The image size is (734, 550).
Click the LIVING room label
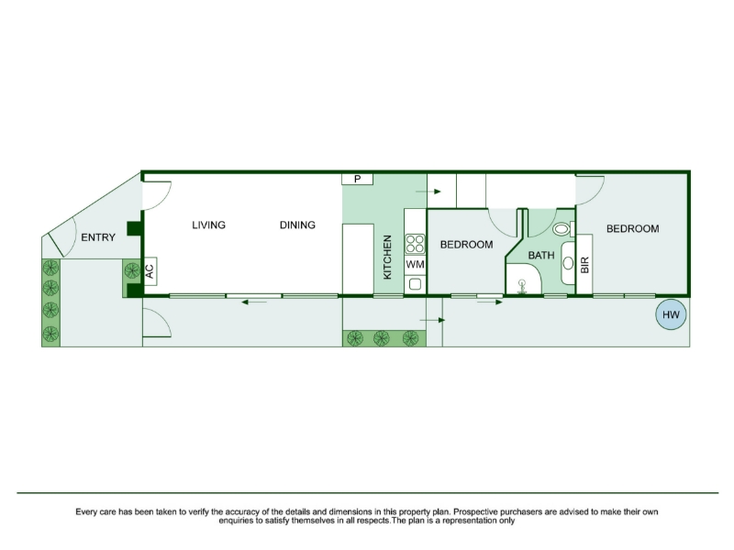point(209,225)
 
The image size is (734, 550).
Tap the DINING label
point(297,225)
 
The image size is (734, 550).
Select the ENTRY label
point(98,237)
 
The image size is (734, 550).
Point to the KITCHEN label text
point(387,258)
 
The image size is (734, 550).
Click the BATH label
point(541,256)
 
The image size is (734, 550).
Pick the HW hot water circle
point(671,314)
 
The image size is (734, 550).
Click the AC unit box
point(150,271)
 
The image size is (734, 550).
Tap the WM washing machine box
point(416,265)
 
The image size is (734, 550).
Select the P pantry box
point(357,179)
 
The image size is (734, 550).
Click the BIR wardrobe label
point(584,265)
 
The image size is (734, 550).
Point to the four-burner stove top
point(416,244)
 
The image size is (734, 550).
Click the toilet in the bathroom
point(563,229)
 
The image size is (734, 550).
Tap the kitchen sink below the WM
point(416,284)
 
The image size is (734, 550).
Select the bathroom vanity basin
point(568,263)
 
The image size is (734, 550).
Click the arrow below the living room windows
point(254,302)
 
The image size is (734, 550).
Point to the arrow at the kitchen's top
point(428,192)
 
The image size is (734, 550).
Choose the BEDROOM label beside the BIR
point(632,228)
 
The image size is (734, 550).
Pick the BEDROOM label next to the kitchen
point(466,245)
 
